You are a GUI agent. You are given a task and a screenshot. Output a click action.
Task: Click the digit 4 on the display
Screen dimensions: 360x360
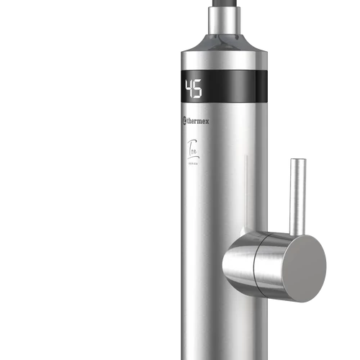pyautogui.click(x=189, y=89)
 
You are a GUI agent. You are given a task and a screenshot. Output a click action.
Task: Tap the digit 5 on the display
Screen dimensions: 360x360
pyautogui.click(x=198, y=89)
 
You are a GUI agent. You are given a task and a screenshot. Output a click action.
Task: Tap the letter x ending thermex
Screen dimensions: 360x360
pyautogui.click(x=210, y=122)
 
